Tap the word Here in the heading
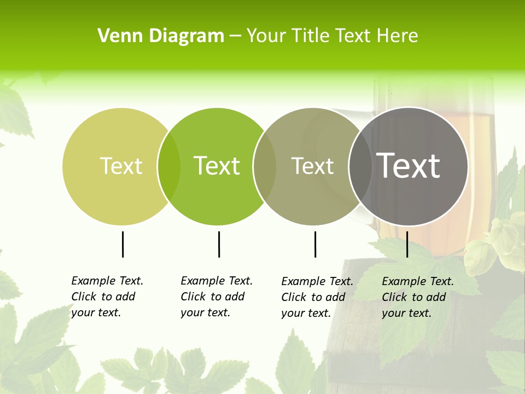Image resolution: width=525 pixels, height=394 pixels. (x=398, y=36)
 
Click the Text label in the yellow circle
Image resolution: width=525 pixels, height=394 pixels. (x=121, y=166)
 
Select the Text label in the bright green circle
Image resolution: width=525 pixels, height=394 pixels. (x=217, y=166)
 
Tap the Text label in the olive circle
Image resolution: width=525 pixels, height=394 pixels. (x=312, y=166)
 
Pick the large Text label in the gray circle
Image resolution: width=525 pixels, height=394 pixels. (x=408, y=166)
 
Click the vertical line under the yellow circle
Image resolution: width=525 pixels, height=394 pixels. (x=122, y=244)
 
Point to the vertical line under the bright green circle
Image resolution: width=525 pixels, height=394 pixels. (x=219, y=244)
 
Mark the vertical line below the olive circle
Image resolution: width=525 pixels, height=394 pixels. (x=315, y=244)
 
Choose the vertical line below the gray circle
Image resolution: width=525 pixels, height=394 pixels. (x=407, y=244)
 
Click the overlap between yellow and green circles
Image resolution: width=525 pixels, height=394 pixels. (x=169, y=166)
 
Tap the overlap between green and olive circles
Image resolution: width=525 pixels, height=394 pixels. (x=265, y=166)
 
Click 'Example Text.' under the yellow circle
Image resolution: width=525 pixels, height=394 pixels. (x=107, y=281)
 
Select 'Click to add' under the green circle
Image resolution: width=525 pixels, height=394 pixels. (x=212, y=297)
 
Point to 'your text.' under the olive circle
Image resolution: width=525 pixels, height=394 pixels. (x=306, y=313)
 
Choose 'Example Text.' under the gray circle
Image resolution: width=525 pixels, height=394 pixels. (x=418, y=281)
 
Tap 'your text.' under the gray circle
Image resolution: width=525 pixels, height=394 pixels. (x=406, y=313)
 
